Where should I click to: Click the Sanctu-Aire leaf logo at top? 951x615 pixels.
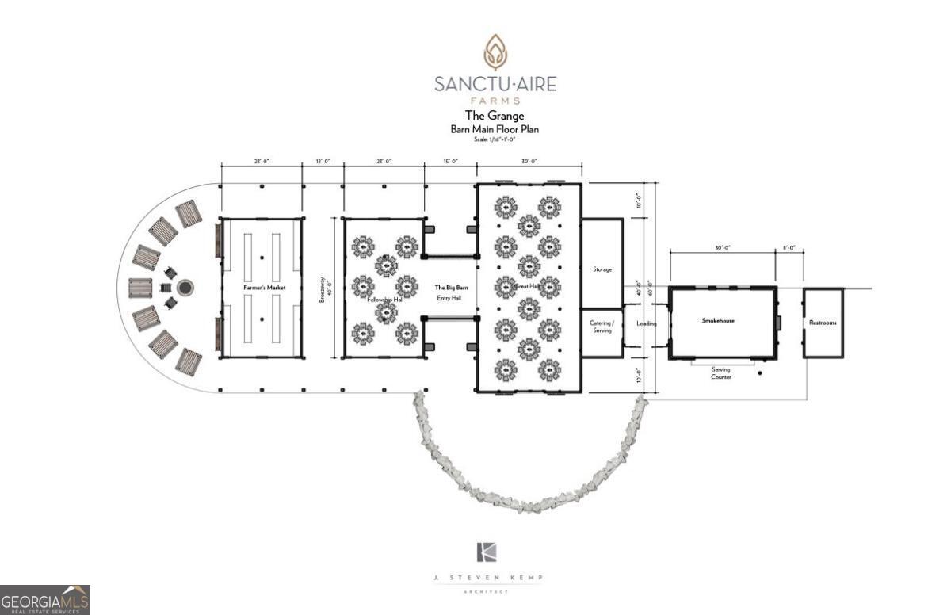pyautogui.click(x=495, y=52)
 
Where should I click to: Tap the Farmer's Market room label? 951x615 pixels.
pyautogui.click(x=264, y=287)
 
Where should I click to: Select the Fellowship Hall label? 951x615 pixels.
pyautogui.click(x=386, y=300)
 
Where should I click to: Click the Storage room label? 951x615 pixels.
pyautogui.click(x=602, y=269)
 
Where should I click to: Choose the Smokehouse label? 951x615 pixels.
pyautogui.click(x=718, y=320)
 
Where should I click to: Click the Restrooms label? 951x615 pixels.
pyautogui.click(x=823, y=323)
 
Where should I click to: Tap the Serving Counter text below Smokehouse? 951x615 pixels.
pyautogui.click(x=720, y=373)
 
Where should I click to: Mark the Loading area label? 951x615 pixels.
pyautogui.click(x=646, y=323)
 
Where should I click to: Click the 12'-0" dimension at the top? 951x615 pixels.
pyautogui.click(x=323, y=162)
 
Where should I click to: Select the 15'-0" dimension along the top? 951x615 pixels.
pyautogui.click(x=450, y=162)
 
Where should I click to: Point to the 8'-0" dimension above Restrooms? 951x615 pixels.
pyautogui.click(x=789, y=249)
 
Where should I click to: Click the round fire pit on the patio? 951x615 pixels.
pyautogui.click(x=185, y=287)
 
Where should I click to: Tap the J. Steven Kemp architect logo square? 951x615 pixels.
pyautogui.click(x=486, y=552)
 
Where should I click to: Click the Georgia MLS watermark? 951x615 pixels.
pyautogui.click(x=45, y=600)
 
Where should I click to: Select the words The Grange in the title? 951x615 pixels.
pyautogui.click(x=495, y=116)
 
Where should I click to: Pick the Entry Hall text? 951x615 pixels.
pyautogui.click(x=449, y=298)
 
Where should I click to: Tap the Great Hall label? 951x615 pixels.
pyautogui.click(x=528, y=287)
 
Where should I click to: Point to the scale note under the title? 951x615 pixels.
pyautogui.click(x=495, y=139)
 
